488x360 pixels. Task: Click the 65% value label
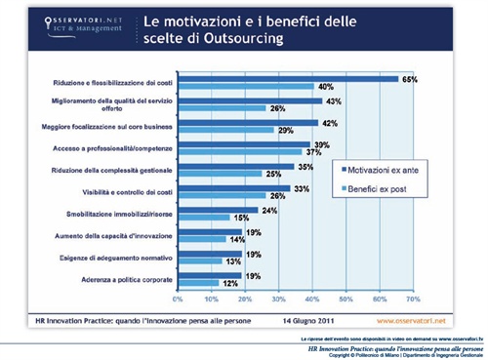[x=411, y=77]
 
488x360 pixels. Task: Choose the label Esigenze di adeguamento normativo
[x=117, y=257]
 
